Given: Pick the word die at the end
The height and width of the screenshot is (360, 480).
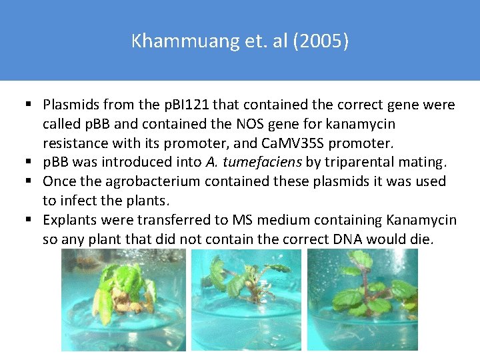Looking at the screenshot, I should pyautogui.click(x=421, y=239).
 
